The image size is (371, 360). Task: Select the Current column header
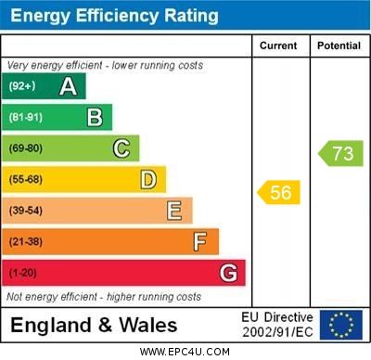tap(278, 45)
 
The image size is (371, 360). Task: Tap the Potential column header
tap(339, 45)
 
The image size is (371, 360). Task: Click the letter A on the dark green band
tap(68, 87)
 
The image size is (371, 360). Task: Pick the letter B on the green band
tap(95, 118)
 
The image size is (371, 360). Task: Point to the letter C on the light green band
tap(122, 148)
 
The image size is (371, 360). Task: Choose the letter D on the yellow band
tap(148, 179)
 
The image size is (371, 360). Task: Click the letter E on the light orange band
tap(174, 211)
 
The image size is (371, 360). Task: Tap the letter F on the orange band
tap(200, 242)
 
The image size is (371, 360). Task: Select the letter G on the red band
tap(228, 273)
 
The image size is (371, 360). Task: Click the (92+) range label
tap(22, 87)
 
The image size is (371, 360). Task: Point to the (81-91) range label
tap(26, 118)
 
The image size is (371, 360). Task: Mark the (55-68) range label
tap(26, 179)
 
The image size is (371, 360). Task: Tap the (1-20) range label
tap(23, 273)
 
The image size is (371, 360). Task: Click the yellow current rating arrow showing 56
tap(279, 192)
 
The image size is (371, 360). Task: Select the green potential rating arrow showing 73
tap(340, 153)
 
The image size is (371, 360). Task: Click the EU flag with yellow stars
tap(341, 325)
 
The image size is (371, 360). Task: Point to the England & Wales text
tap(94, 325)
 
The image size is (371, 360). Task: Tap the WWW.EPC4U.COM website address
tap(185, 352)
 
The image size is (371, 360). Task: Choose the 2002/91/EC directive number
tap(277, 331)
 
